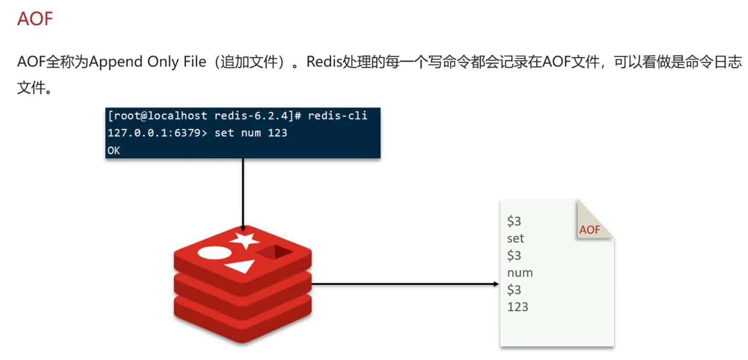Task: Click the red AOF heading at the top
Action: (x=35, y=19)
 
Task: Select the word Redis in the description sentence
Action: (x=324, y=62)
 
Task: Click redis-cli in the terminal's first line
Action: (x=337, y=116)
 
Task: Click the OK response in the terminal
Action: (x=114, y=150)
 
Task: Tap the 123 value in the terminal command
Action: (x=278, y=133)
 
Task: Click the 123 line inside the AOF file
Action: (x=518, y=307)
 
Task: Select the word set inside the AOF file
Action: (x=515, y=239)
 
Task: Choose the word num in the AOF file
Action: (x=520, y=273)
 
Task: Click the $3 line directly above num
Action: (x=514, y=256)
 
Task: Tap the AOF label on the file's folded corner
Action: (x=590, y=230)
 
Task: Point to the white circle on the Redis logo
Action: (x=214, y=253)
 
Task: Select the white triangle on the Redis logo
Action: (x=241, y=267)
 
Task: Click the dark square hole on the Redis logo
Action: (x=275, y=252)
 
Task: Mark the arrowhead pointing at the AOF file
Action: (x=496, y=284)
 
